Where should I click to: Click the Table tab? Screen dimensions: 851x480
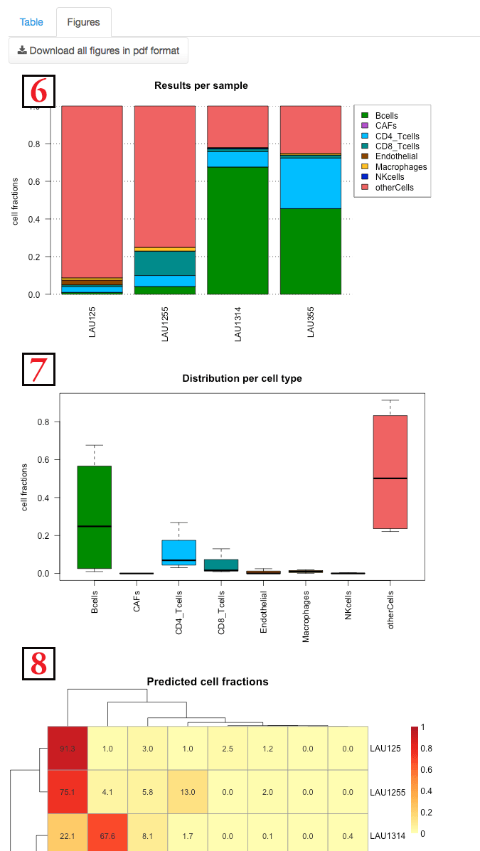click(x=31, y=22)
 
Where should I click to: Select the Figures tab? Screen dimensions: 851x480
click(x=83, y=22)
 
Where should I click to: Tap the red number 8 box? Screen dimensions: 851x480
click(x=38, y=663)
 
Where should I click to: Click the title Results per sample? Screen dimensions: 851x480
click(x=201, y=85)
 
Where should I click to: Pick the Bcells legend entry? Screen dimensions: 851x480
click(x=387, y=115)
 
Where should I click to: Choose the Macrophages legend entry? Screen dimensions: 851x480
click(x=400, y=167)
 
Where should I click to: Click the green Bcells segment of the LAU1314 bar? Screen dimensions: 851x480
click(x=238, y=230)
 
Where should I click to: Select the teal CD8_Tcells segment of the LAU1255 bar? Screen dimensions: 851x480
click(x=164, y=263)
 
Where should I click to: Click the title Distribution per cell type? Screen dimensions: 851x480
click(x=242, y=378)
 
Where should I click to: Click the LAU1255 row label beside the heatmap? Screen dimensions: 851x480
click(x=388, y=789)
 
